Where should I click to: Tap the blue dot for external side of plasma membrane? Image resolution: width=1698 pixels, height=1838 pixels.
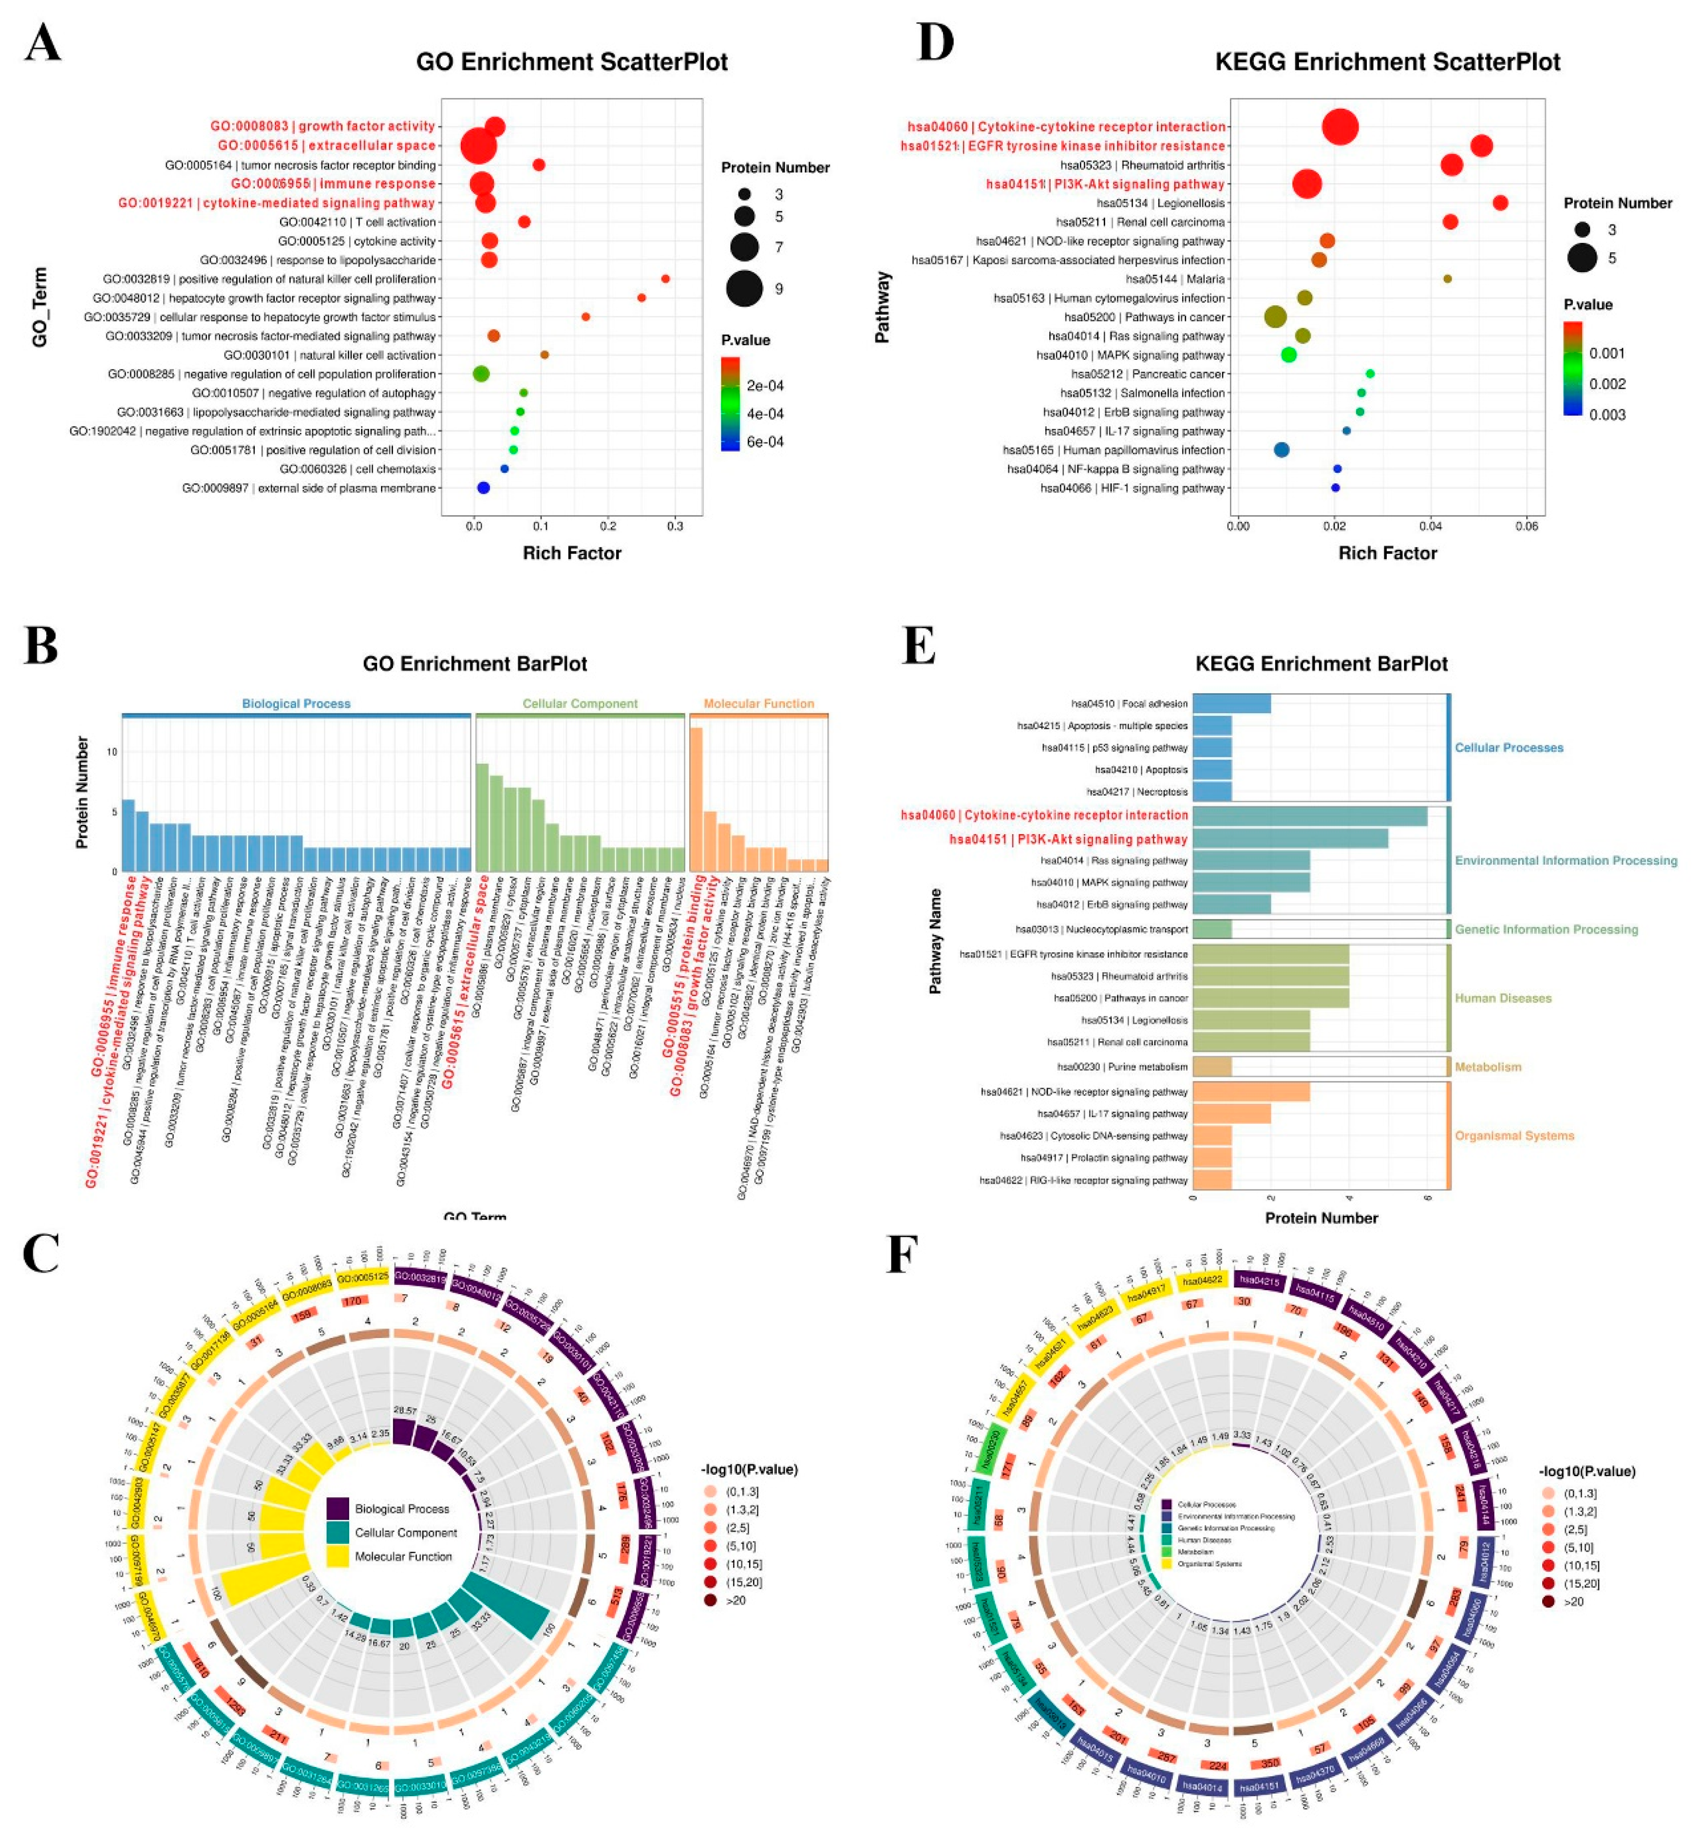coord(483,488)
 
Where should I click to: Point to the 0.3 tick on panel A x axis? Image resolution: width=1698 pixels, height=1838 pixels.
coord(675,526)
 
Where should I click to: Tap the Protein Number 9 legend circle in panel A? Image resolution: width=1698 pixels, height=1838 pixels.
coord(744,288)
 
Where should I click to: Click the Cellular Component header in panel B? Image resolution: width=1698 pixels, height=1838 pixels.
coord(580,704)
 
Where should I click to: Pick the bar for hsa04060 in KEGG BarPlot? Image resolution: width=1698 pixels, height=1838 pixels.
coord(1309,816)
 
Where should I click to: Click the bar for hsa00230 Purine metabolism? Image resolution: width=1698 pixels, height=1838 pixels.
coord(1212,1066)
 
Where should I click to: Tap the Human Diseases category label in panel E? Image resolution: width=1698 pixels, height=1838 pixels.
coord(1502,998)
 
